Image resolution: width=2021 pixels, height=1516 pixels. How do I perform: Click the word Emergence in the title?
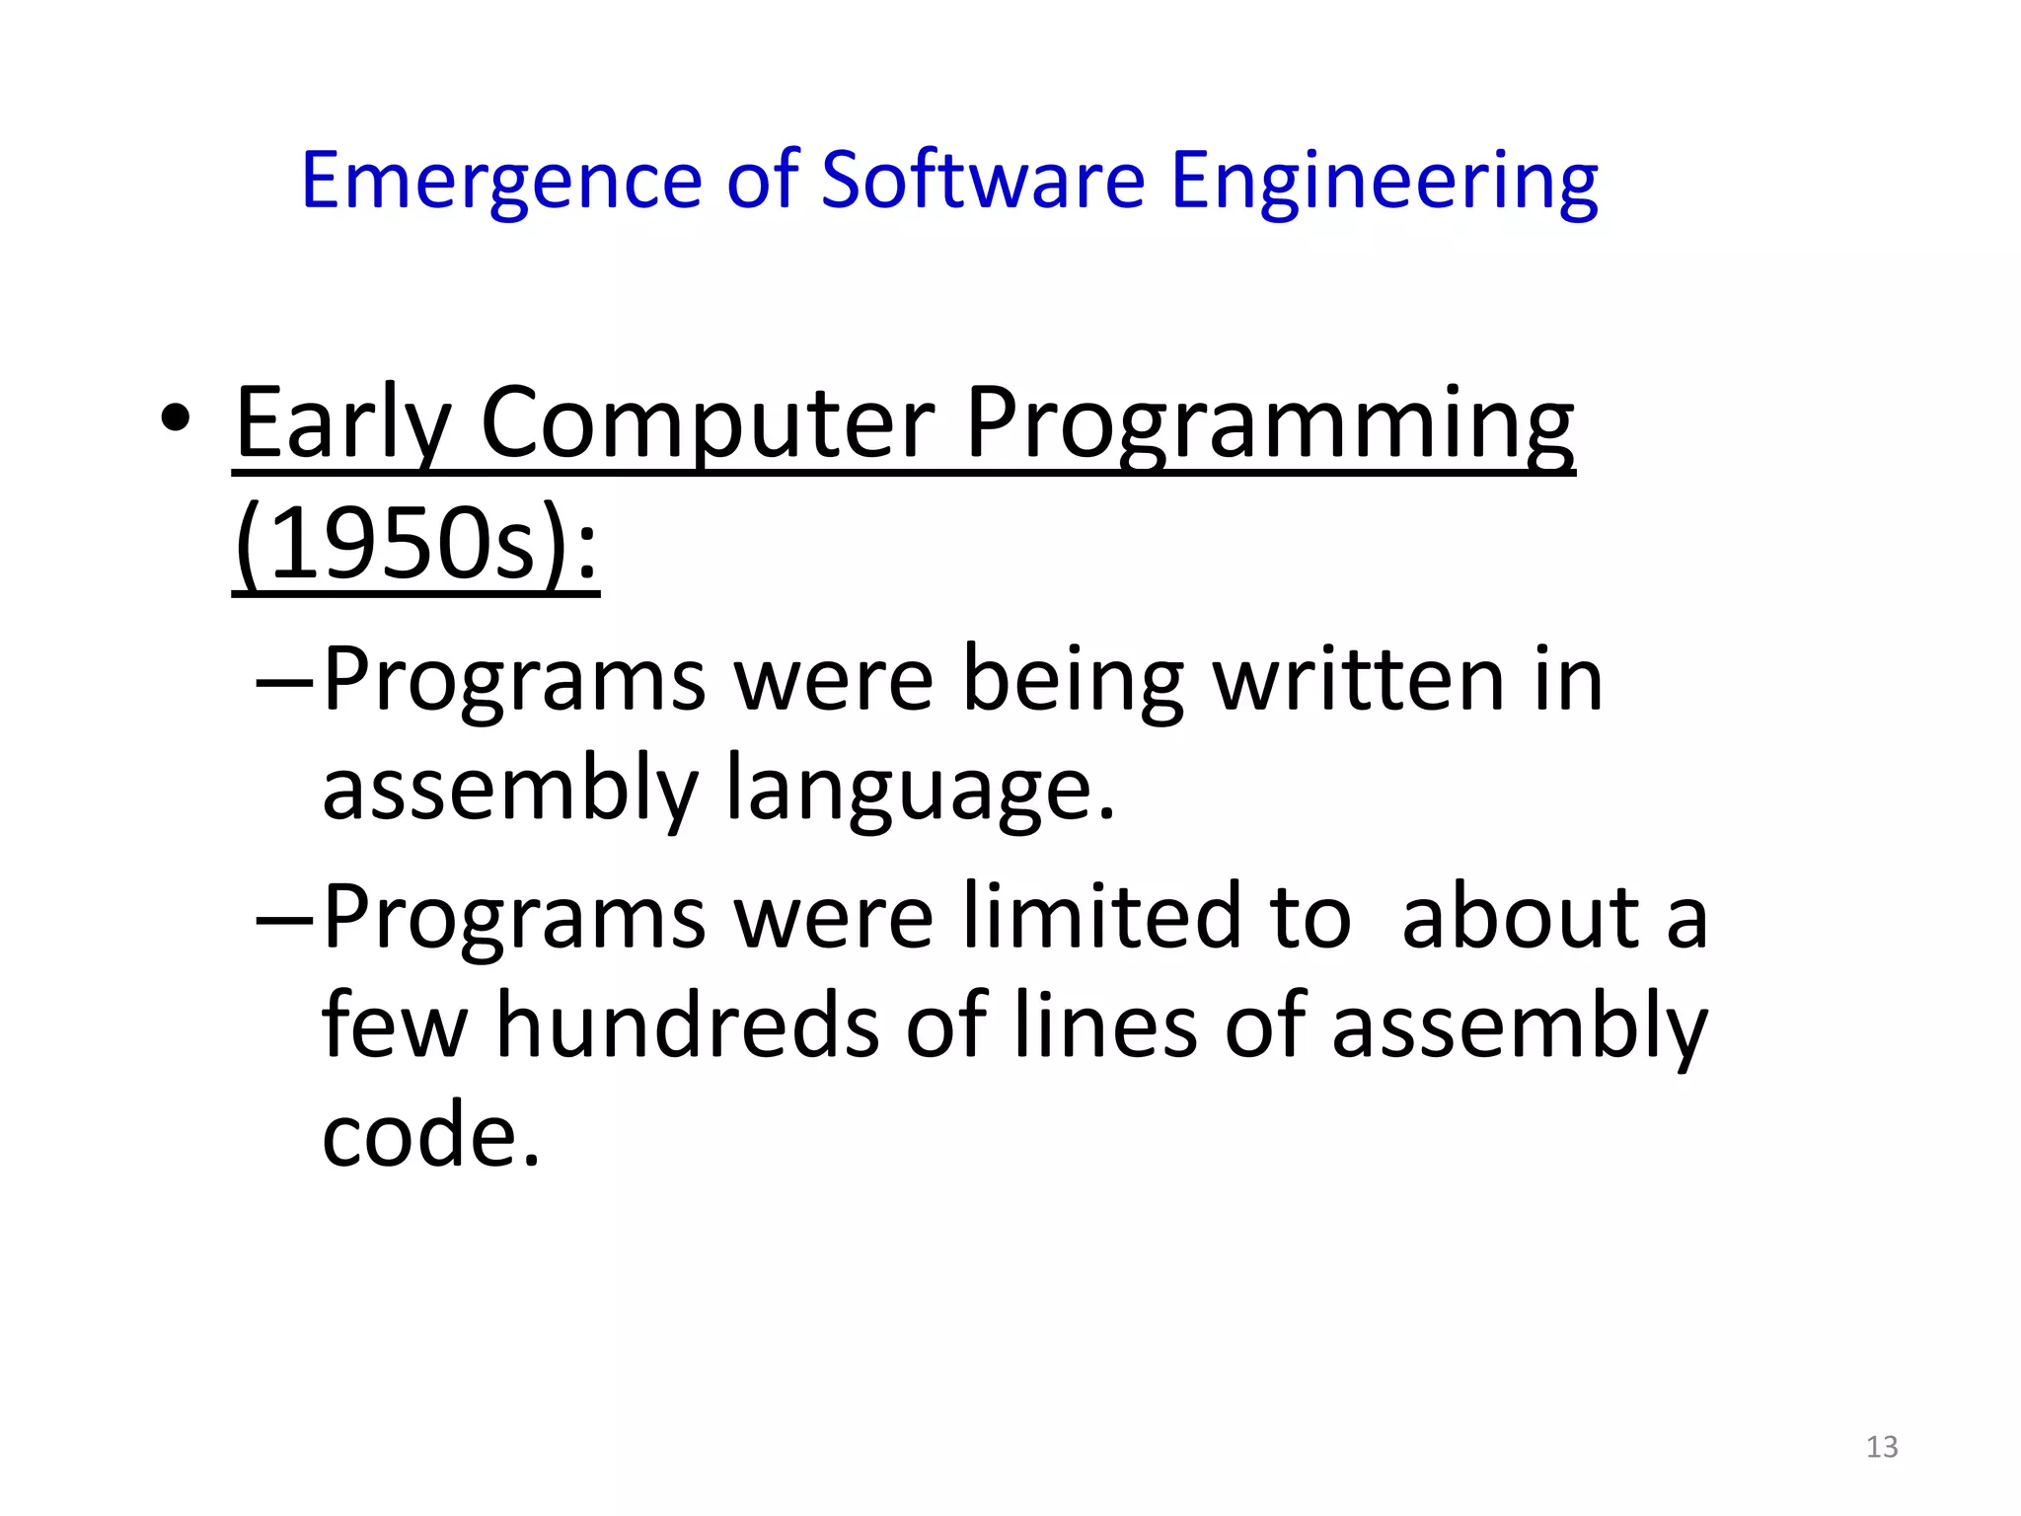click(x=500, y=182)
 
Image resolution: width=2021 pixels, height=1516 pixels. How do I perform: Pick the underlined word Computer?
click(x=707, y=424)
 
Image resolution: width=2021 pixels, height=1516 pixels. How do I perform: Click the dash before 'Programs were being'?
click(x=284, y=681)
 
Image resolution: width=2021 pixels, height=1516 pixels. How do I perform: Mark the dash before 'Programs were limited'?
click(x=284, y=918)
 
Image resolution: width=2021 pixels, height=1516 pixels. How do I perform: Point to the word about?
click(x=1520, y=918)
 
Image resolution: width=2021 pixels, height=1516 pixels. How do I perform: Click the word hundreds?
click(x=687, y=1026)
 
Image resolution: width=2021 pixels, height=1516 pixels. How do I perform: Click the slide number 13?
click(x=1882, y=1447)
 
